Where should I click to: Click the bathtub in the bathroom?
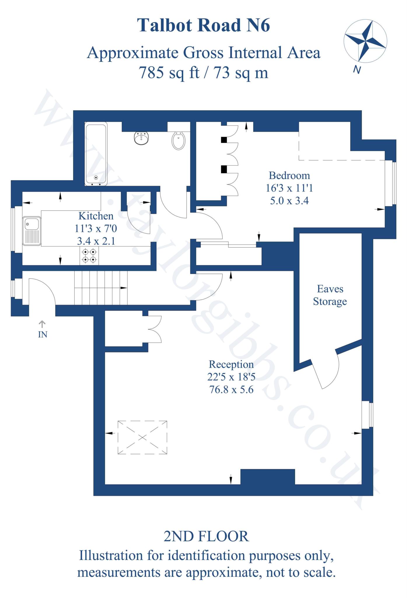coord(96,154)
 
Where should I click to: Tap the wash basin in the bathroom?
coord(142,138)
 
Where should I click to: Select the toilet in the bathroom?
coord(178,141)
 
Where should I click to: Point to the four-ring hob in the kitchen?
coord(89,255)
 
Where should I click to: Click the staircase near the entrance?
coord(101,288)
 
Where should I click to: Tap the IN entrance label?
coord(43,334)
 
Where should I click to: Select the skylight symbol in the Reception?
coord(142,437)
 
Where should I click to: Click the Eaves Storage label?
coord(330,295)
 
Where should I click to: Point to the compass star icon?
coord(365,41)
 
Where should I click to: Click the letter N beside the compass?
coord(357,70)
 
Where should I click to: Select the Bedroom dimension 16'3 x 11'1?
coord(289,188)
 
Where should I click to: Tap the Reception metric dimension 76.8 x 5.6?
coord(231,390)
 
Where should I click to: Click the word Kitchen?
coord(96,216)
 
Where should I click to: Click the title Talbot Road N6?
coord(203,25)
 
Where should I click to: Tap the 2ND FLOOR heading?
coord(206,536)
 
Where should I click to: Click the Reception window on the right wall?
coord(367,415)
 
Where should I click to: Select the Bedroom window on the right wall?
coord(391,183)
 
